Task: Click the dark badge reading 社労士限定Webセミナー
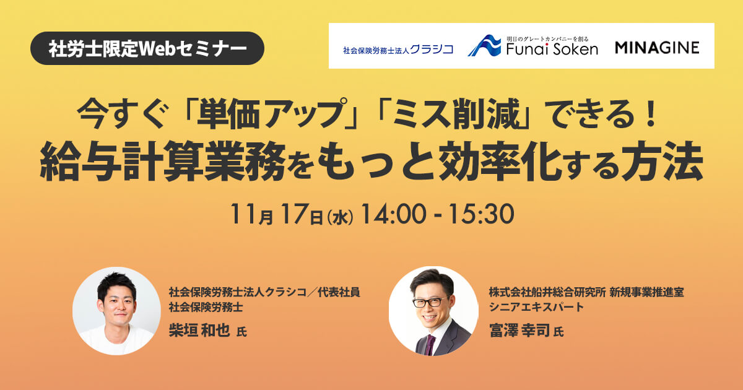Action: click(x=147, y=48)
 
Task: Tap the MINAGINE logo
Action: click(x=657, y=48)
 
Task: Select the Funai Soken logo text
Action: click(x=552, y=49)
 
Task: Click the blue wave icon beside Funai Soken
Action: click(x=484, y=45)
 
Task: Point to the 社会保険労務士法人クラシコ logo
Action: click(x=398, y=50)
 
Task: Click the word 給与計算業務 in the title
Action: click(x=162, y=161)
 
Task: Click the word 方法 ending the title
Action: click(x=663, y=161)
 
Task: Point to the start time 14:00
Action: click(x=394, y=214)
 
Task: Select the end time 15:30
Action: click(x=482, y=214)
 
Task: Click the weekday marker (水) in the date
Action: click(x=340, y=218)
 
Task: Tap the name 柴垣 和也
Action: click(x=199, y=330)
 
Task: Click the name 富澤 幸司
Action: click(x=519, y=331)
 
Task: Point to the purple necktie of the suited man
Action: click(x=430, y=345)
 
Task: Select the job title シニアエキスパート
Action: click(x=536, y=307)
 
